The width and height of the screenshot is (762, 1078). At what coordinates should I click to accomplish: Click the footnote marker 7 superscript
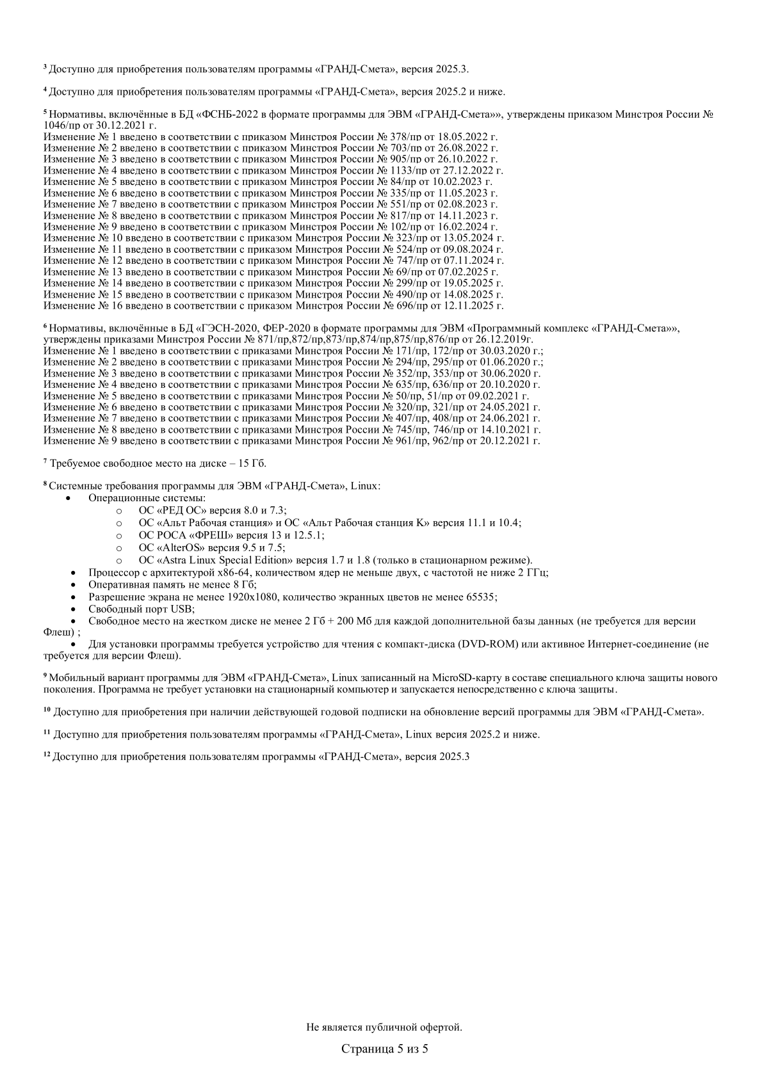click(45, 461)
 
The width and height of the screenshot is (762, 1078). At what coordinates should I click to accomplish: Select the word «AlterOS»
click(180, 547)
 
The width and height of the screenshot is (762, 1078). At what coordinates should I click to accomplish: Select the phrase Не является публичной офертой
click(384, 1027)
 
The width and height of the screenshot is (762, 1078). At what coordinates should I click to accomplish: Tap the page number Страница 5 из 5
click(384, 1049)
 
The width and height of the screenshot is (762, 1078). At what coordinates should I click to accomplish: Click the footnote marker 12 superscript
click(46, 755)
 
